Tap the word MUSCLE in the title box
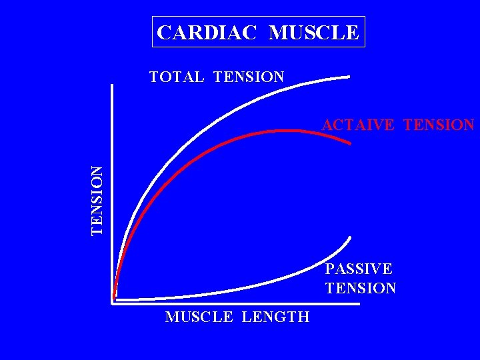pyautogui.click(x=314, y=32)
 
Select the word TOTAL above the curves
pyautogui.click(x=177, y=77)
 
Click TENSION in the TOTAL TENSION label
pyautogui.click(x=249, y=77)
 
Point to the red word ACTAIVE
pyautogui.click(x=358, y=125)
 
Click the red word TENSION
pyautogui.click(x=439, y=125)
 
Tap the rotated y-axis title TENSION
pyautogui.click(x=97, y=200)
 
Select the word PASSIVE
pyautogui.click(x=359, y=269)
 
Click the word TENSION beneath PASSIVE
pyautogui.click(x=360, y=288)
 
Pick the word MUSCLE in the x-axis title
pyautogui.click(x=199, y=317)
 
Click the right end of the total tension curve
pyautogui.click(x=349, y=77)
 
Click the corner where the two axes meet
pyautogui.click(x=113, y=304)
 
